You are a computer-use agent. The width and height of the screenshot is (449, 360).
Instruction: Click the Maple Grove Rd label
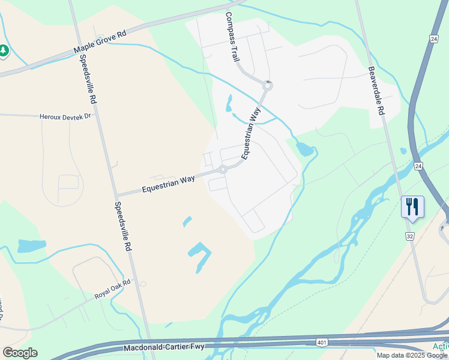[100, 42]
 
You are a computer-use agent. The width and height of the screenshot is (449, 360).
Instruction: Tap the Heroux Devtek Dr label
[65, 116]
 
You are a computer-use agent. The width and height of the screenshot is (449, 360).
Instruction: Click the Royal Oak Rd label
[112, 289]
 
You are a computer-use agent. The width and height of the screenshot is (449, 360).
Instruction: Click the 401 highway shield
[322, 342]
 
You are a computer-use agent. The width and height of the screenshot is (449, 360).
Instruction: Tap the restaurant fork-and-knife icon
[412, 207]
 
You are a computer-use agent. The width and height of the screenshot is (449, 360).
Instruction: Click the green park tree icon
[4, 51]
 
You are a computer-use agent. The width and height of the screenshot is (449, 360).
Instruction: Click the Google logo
[20, 353]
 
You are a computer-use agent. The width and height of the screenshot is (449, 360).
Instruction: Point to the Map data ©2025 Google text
[412, 355]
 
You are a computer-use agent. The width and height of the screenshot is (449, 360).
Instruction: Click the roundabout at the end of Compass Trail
[268, 86]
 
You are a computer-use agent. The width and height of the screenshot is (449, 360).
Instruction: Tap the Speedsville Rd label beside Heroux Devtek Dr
[88, 78]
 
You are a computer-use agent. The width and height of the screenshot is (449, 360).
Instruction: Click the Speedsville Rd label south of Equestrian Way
[122, 226]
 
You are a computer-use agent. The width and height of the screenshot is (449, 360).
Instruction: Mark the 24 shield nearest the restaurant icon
[418, 165]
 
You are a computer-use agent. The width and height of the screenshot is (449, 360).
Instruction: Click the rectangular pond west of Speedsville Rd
[32, 246]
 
